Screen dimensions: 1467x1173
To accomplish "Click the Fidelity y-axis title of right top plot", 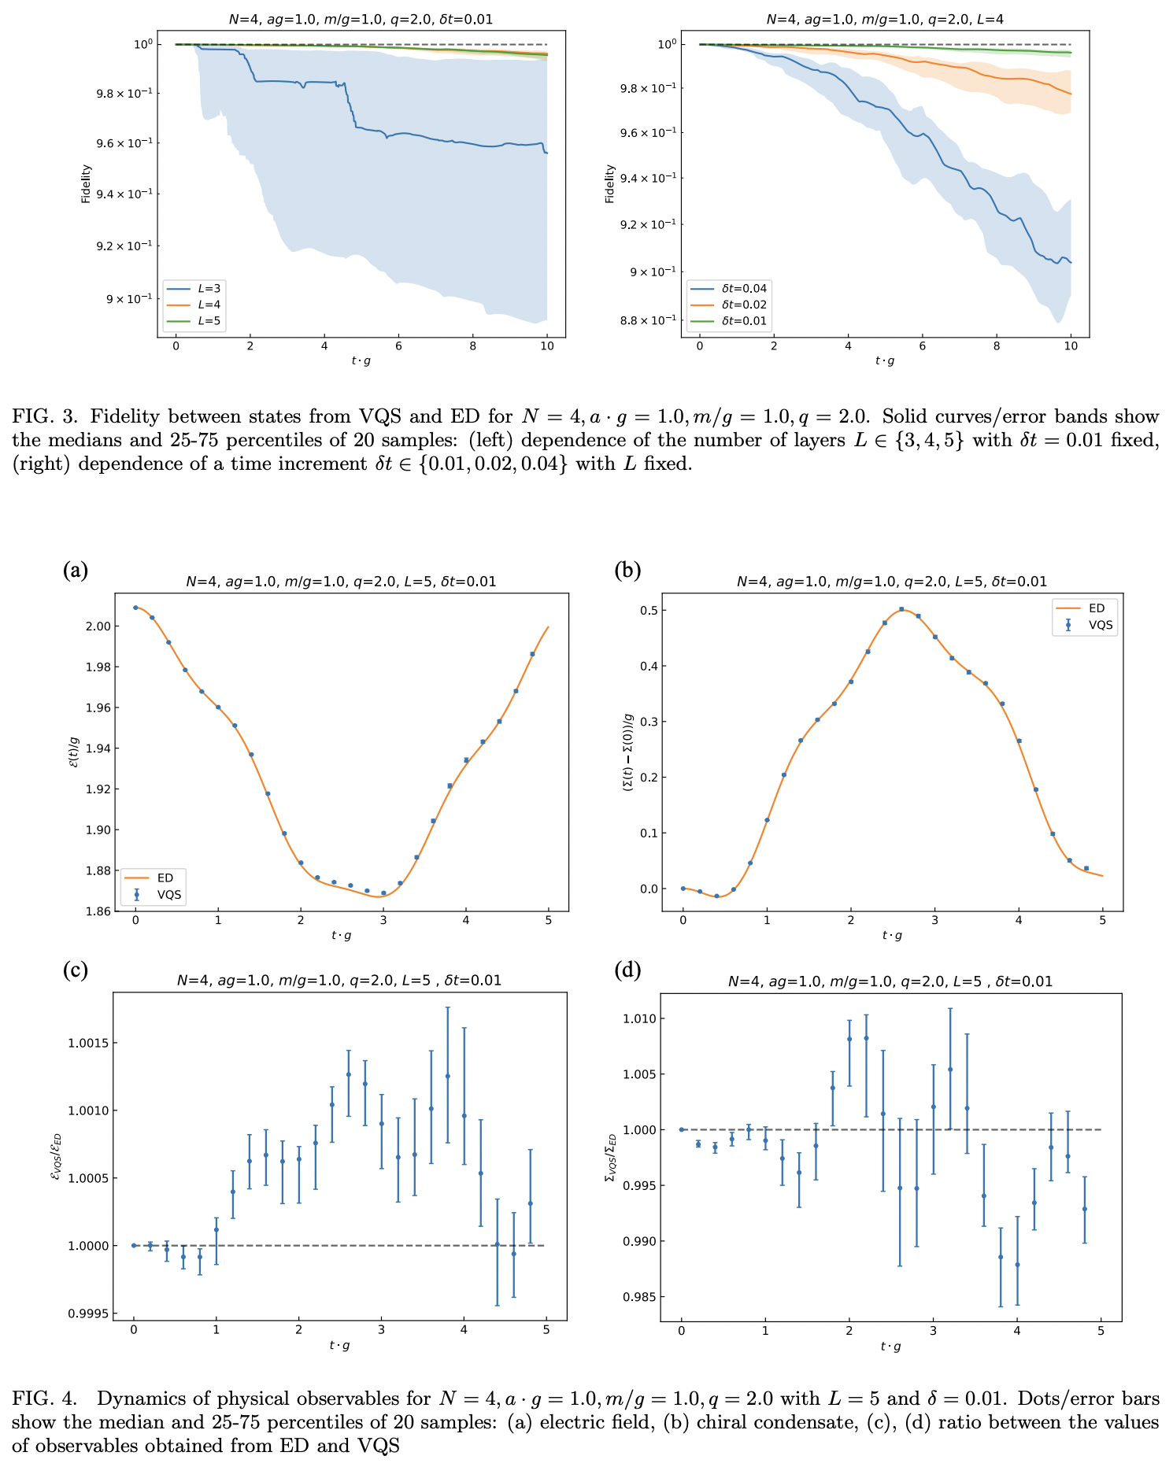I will pyautogui.click(x=610, y=183).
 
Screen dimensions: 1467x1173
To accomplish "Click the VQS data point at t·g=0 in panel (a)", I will pyautogui.click(x=135, y=608).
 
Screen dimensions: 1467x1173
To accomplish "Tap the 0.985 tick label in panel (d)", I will pyautogui.click(x=636, y=1297).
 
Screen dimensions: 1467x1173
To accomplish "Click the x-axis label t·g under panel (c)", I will pyautogui.click(x=341, y=1345).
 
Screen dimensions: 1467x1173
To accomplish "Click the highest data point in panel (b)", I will pyautogui.click(x=901, y=609).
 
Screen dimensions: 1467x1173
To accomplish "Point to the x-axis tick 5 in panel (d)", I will pyautogui.click(x=1101, y=1329).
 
